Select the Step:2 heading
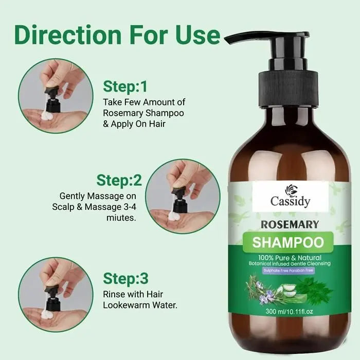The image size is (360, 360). pyautogui.click(x=119, y=181)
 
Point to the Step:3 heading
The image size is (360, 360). pyautogui.click(x=125, y=278)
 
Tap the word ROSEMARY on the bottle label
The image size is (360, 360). pyautogui.click(x=290, y=224)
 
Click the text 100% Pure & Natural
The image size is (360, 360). pyautogui.click(x=290, y=257)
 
